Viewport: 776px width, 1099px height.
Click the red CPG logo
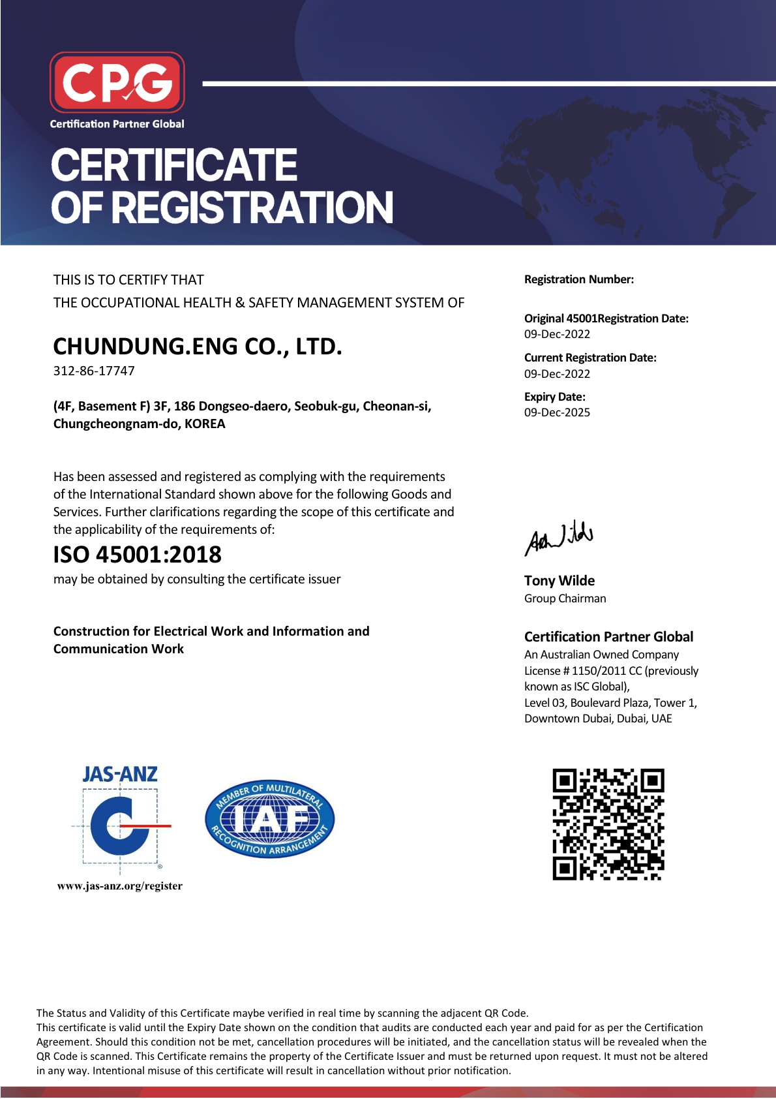coord(117,82)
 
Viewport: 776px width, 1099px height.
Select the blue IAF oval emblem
coord(269,819)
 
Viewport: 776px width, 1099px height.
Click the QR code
coord(608,824)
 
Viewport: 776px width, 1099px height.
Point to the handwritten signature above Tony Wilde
coord(559,538)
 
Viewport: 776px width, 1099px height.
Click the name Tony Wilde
coord(559,581)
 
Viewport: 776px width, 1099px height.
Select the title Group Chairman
coord(565,598)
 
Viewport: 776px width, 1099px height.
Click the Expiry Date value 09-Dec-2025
coord(557,412)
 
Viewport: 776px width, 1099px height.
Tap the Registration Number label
coord(578,279)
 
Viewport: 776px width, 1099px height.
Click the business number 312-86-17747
coord(94,371)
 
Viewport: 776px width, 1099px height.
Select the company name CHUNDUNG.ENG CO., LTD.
coord(197,347)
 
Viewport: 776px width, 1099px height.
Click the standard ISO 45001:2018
coord(137,555)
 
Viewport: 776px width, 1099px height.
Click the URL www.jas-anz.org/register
coord(119,886)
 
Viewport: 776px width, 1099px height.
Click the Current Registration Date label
coord(589,358)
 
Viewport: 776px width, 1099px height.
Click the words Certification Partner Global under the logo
coord(117,124)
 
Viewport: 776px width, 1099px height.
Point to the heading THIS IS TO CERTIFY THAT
coord(128,280)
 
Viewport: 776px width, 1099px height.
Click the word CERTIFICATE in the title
coord(173,165)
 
